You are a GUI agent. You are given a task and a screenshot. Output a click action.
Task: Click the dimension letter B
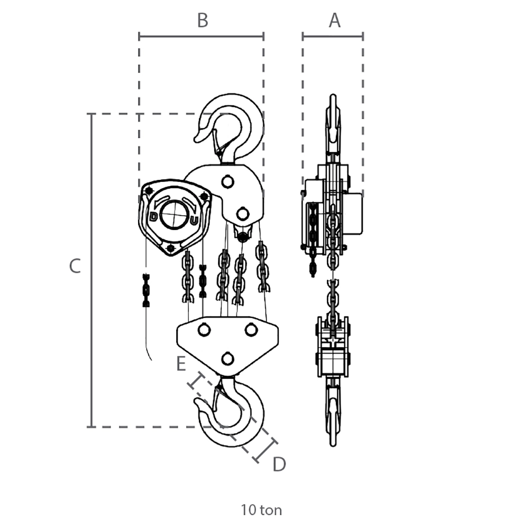pos(203,20)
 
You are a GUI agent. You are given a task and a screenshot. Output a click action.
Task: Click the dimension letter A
pos(334,20)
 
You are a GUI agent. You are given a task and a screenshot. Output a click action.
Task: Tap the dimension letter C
pos(75,266)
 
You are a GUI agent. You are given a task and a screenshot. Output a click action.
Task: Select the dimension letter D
pos(279,464)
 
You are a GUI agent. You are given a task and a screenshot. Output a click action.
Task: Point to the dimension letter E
pos(181,364)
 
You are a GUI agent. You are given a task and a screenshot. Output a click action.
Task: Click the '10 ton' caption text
pos(261,510)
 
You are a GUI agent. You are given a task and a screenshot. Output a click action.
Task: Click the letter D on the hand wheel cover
pos(153,216)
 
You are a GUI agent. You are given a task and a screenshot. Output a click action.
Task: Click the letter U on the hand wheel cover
pos(194,221)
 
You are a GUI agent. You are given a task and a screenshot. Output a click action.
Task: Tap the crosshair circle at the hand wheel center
pos(174,215)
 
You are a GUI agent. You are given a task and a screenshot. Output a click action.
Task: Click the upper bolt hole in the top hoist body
pos(227,182)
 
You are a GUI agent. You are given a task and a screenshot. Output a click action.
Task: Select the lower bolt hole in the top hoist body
pos(243,214)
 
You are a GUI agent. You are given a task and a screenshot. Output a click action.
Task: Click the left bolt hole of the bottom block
pos(204,330)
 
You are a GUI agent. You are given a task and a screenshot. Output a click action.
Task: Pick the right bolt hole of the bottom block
pos(251,330)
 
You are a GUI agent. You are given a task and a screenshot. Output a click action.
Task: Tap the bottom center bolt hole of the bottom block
pos(227,358)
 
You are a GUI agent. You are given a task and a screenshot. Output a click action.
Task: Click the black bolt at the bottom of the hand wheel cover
pos(171,249)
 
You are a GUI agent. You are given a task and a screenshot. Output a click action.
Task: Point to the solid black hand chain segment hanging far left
pos(146,290)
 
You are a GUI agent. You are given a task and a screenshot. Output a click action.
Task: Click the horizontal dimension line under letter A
pos(333,36)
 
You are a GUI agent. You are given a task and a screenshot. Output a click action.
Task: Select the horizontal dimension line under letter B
pos(202,36)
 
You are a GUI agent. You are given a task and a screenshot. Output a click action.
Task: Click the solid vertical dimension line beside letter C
pos(91,270)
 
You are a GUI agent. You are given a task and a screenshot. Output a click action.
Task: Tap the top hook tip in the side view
pos(333,96)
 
